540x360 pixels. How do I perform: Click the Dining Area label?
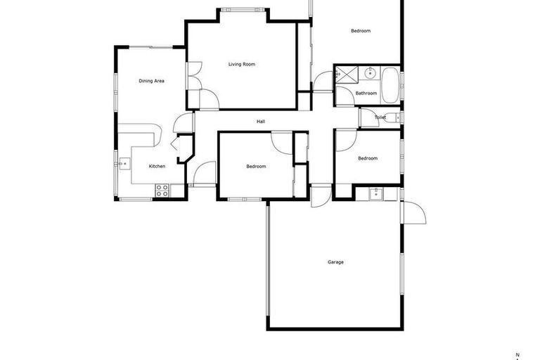(151, 81)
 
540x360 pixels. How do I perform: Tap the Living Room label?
(241, 64)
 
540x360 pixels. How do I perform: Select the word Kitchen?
(157, 166)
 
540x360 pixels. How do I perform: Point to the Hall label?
(261, 122)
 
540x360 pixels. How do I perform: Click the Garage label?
(335, 262)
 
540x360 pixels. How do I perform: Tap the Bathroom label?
(366, 93)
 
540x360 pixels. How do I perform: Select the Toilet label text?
(380, 117)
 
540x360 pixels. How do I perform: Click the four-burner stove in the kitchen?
(162, 189)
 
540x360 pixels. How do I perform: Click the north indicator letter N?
(517, 354)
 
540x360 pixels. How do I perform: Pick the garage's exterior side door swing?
(414, 213)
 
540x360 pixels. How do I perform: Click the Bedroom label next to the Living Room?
(361, 31)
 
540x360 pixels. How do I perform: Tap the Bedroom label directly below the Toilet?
(368, 158)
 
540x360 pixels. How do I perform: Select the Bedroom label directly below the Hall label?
(256, 167)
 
